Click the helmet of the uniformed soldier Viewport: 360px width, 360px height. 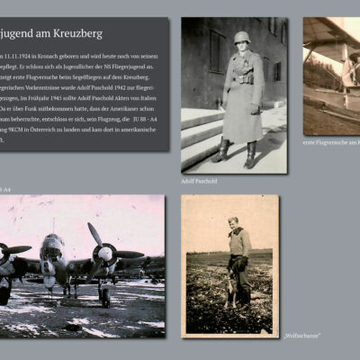point(240,38)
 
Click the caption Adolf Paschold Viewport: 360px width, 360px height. point(200,181)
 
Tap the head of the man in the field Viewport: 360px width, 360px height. point(233,222)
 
